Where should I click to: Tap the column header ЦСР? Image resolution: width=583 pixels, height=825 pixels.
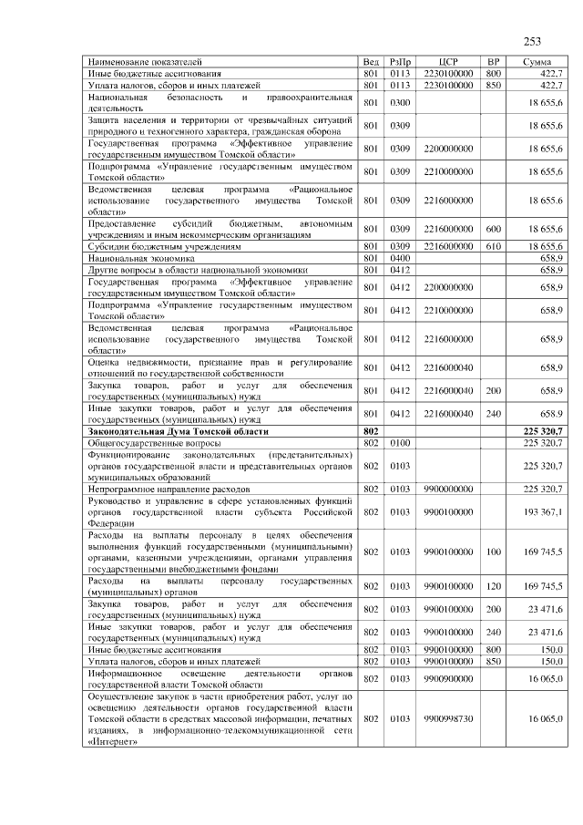pyautogui.click(x=447, y=61)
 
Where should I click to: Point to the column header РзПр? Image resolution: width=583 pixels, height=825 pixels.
pyautogui.click(x=400, y=61)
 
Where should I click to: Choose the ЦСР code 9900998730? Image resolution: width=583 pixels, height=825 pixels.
pyautogui.click(x=448, y=718)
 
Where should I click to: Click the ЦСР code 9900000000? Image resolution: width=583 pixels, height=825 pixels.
pyautogui.click(x=448, y=490)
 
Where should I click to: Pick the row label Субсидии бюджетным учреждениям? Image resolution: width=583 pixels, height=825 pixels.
pyautogui.click(x=164, y=246)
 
